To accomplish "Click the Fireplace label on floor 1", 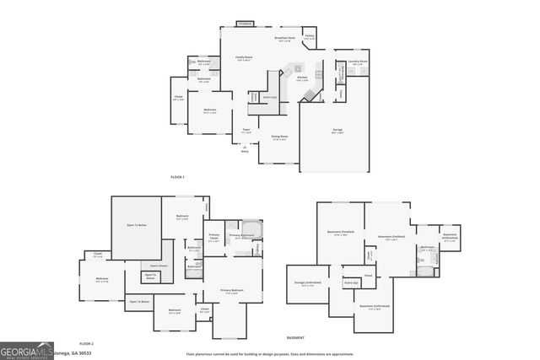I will click(244, 24).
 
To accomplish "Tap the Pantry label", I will click(309, 36).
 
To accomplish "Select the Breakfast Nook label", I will click(284, 39).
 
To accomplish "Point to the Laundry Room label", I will click(358, 62).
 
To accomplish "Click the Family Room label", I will click(245, 58).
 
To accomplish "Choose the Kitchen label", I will click(301, 78).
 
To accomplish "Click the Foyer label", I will click(246, 132).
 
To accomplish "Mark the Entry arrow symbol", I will click(245, 148).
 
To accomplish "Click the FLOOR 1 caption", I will click(177, 176).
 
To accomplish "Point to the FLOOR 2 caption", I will click(86, 344).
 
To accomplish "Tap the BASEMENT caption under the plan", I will click(295, 337).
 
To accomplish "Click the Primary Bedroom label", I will click(232, 291).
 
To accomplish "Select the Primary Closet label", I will click(213, 238).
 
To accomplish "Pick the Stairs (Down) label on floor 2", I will click(159, 265).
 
